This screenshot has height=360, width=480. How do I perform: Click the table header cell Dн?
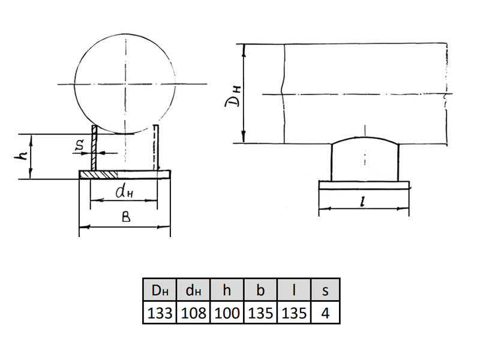click(160, 290)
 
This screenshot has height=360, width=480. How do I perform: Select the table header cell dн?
click(193, 290)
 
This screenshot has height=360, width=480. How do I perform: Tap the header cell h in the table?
click(227, 290)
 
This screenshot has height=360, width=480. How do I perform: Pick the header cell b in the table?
click(260, 290)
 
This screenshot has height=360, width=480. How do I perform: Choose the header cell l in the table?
click(294, 290)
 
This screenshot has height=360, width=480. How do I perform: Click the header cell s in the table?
click(325, 290)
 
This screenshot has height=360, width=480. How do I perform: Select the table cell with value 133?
click(160, 313)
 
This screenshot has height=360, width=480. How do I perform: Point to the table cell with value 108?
click(193, 313)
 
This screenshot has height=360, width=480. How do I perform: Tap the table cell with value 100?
click(227, 313)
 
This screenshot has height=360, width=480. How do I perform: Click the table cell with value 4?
click(325, 313)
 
